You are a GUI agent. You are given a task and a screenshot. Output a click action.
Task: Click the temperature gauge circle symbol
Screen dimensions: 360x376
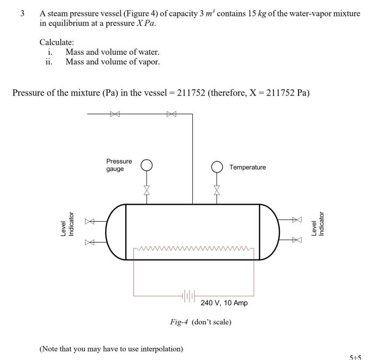216,166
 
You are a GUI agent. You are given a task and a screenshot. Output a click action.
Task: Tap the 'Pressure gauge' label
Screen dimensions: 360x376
119,165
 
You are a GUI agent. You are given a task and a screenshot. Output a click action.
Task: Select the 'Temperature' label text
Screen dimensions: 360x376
247,167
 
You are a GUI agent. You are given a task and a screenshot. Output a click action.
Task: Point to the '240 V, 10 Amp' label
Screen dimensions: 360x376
224,303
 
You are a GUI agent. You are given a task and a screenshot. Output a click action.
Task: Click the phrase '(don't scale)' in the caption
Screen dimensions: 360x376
211,322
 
